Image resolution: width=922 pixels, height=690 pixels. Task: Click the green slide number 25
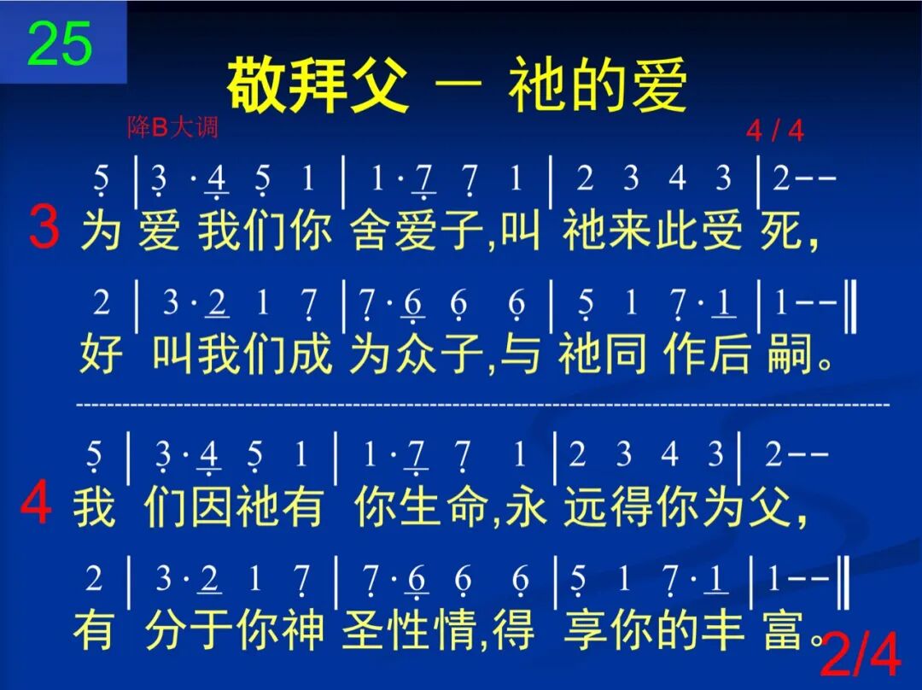[60, 44]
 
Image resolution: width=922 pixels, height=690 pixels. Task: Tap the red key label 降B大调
[172, 128]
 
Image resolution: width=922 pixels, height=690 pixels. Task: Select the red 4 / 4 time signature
[774, 131]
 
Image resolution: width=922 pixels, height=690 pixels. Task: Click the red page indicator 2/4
[860, 658]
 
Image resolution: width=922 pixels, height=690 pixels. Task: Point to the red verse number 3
[44, 229]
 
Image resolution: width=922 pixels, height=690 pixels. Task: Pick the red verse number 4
[37, 506]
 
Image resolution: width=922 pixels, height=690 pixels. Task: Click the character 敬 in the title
[258, 86]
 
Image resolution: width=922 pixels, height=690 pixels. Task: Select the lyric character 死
[781, 230]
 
